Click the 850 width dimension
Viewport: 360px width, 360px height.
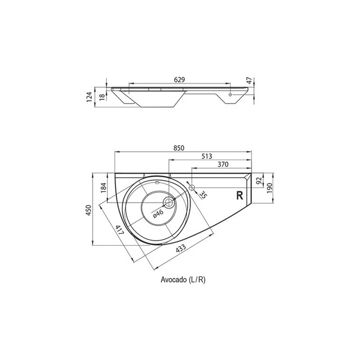pyautogui.click(x=179, y=148)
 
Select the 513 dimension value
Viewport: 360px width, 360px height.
pyautogui.click(x=207, y=156)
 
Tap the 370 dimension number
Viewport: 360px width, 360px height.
pyautogui.click(x=223, y=164)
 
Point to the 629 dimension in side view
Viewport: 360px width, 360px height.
pyautogui.click(x=179, y=80)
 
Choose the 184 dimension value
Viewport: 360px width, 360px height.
pyautogui.click(x=104, y=188)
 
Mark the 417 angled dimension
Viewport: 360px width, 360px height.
pyautogui.click(x=120, y=230)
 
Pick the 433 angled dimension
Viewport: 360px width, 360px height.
pyautogui.click(x=181, y=248)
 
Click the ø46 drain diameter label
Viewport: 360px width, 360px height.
pyautogui.click(x=158, y=213)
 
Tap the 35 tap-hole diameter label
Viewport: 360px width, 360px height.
pyautogui.click(x=202, y=195)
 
